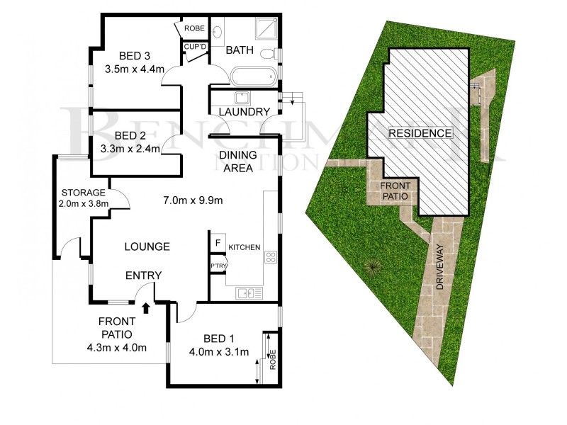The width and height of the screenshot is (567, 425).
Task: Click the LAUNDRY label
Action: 244,112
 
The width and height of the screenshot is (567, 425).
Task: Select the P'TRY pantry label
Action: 217,266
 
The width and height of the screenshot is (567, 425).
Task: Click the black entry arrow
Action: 147,307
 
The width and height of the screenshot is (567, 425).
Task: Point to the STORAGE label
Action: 84,193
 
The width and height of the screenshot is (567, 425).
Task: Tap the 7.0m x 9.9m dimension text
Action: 193,200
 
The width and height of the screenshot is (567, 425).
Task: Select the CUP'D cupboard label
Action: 194,47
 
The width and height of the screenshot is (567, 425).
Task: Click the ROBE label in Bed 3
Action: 193,28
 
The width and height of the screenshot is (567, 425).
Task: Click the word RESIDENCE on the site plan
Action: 419,133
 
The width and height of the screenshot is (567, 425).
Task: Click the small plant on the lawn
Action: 371,268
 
